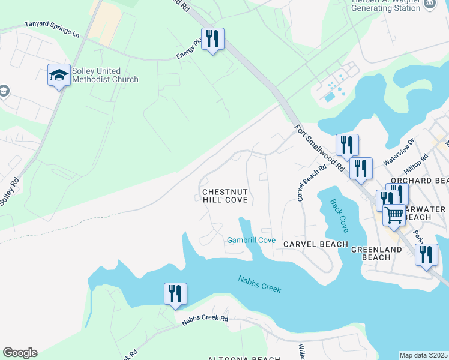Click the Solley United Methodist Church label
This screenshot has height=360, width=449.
click(x=105, y=75)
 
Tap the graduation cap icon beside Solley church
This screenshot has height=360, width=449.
click(x=59, y=75)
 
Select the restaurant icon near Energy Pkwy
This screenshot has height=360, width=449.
click(x=212, y=40)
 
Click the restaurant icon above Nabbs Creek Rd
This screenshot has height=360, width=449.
click(x=175, y=294)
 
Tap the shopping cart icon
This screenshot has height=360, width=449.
click(x=394, y=215)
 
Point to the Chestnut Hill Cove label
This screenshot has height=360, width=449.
click(x=225, y=196)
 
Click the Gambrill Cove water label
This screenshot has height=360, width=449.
click(x=251, y=241)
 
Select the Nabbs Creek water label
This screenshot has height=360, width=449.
click(x=259, y=284)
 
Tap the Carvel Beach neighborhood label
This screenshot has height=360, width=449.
click(x=315, y=244)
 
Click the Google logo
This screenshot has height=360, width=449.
click(x=20, y=353)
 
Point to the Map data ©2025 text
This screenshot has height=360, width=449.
click(x=423, y=355)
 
